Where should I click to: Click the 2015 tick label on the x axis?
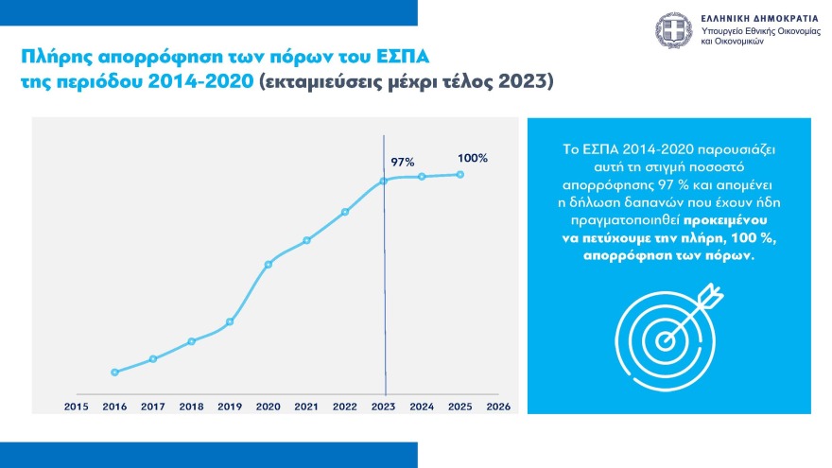click(x=76, y=406)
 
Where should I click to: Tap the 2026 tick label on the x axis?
click(x=497, y=406)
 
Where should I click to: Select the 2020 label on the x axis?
click(x=268, y=406)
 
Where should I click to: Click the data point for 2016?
click(x=114, y=373)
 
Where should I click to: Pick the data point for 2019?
click(x=230, y=322)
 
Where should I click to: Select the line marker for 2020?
click(x=269, y=264)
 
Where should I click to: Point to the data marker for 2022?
click(x=345, y=212)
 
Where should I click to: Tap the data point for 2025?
click(x=460, y=174)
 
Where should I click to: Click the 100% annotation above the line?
click(x=473, y=158)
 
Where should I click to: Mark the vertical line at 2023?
click(x=385, y=284)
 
